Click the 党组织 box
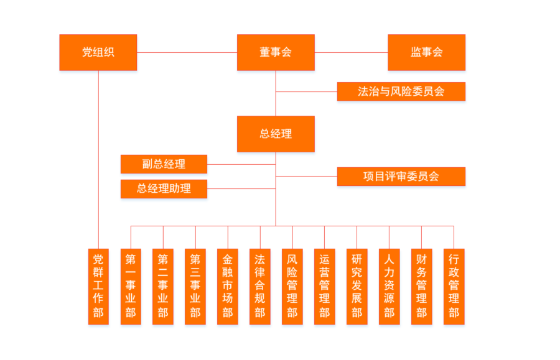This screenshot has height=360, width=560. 98,52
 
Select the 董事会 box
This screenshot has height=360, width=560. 276,52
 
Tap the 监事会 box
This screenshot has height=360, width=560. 426,52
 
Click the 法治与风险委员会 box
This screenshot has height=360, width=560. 401,91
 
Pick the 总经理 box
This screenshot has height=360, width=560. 276,134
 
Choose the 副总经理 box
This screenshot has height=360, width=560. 164,164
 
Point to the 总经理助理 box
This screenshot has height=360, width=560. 164,188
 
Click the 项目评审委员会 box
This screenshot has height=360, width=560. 401,176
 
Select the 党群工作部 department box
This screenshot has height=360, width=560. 98,286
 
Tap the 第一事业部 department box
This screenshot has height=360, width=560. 131,286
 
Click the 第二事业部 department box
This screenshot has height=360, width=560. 163,286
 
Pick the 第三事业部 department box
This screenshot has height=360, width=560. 195,286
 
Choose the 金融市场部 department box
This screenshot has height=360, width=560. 228,286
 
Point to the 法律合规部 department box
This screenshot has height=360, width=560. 260,286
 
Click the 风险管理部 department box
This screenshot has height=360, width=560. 292,286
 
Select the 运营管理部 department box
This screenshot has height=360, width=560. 325,286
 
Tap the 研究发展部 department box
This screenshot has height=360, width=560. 357,286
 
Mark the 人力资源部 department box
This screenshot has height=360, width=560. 390,286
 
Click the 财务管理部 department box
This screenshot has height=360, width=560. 422,286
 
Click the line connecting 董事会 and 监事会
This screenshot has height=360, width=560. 351,52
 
